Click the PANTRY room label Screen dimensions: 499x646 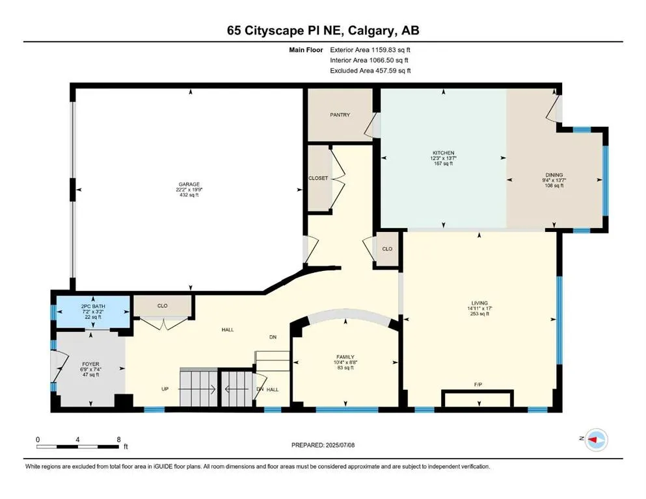(339, 115)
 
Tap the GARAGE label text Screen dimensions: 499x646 (190, 184)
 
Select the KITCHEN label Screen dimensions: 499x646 (444, 153)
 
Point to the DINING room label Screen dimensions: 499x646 (554, 174)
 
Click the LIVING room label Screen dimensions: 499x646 (479, 302)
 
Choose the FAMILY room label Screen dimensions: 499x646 (345, 357)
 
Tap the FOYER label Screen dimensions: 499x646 (90, 365)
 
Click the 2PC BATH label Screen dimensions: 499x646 (90, 305)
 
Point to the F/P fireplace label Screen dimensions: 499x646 (478, 384)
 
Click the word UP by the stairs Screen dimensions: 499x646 (166, 389)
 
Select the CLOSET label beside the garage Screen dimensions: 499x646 (318, 178)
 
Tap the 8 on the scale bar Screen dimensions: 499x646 (118, 439)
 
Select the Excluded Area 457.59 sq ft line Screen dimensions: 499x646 (370, 71)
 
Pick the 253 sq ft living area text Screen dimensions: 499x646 (479, 314)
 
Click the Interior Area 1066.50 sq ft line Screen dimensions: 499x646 (370, 60)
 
